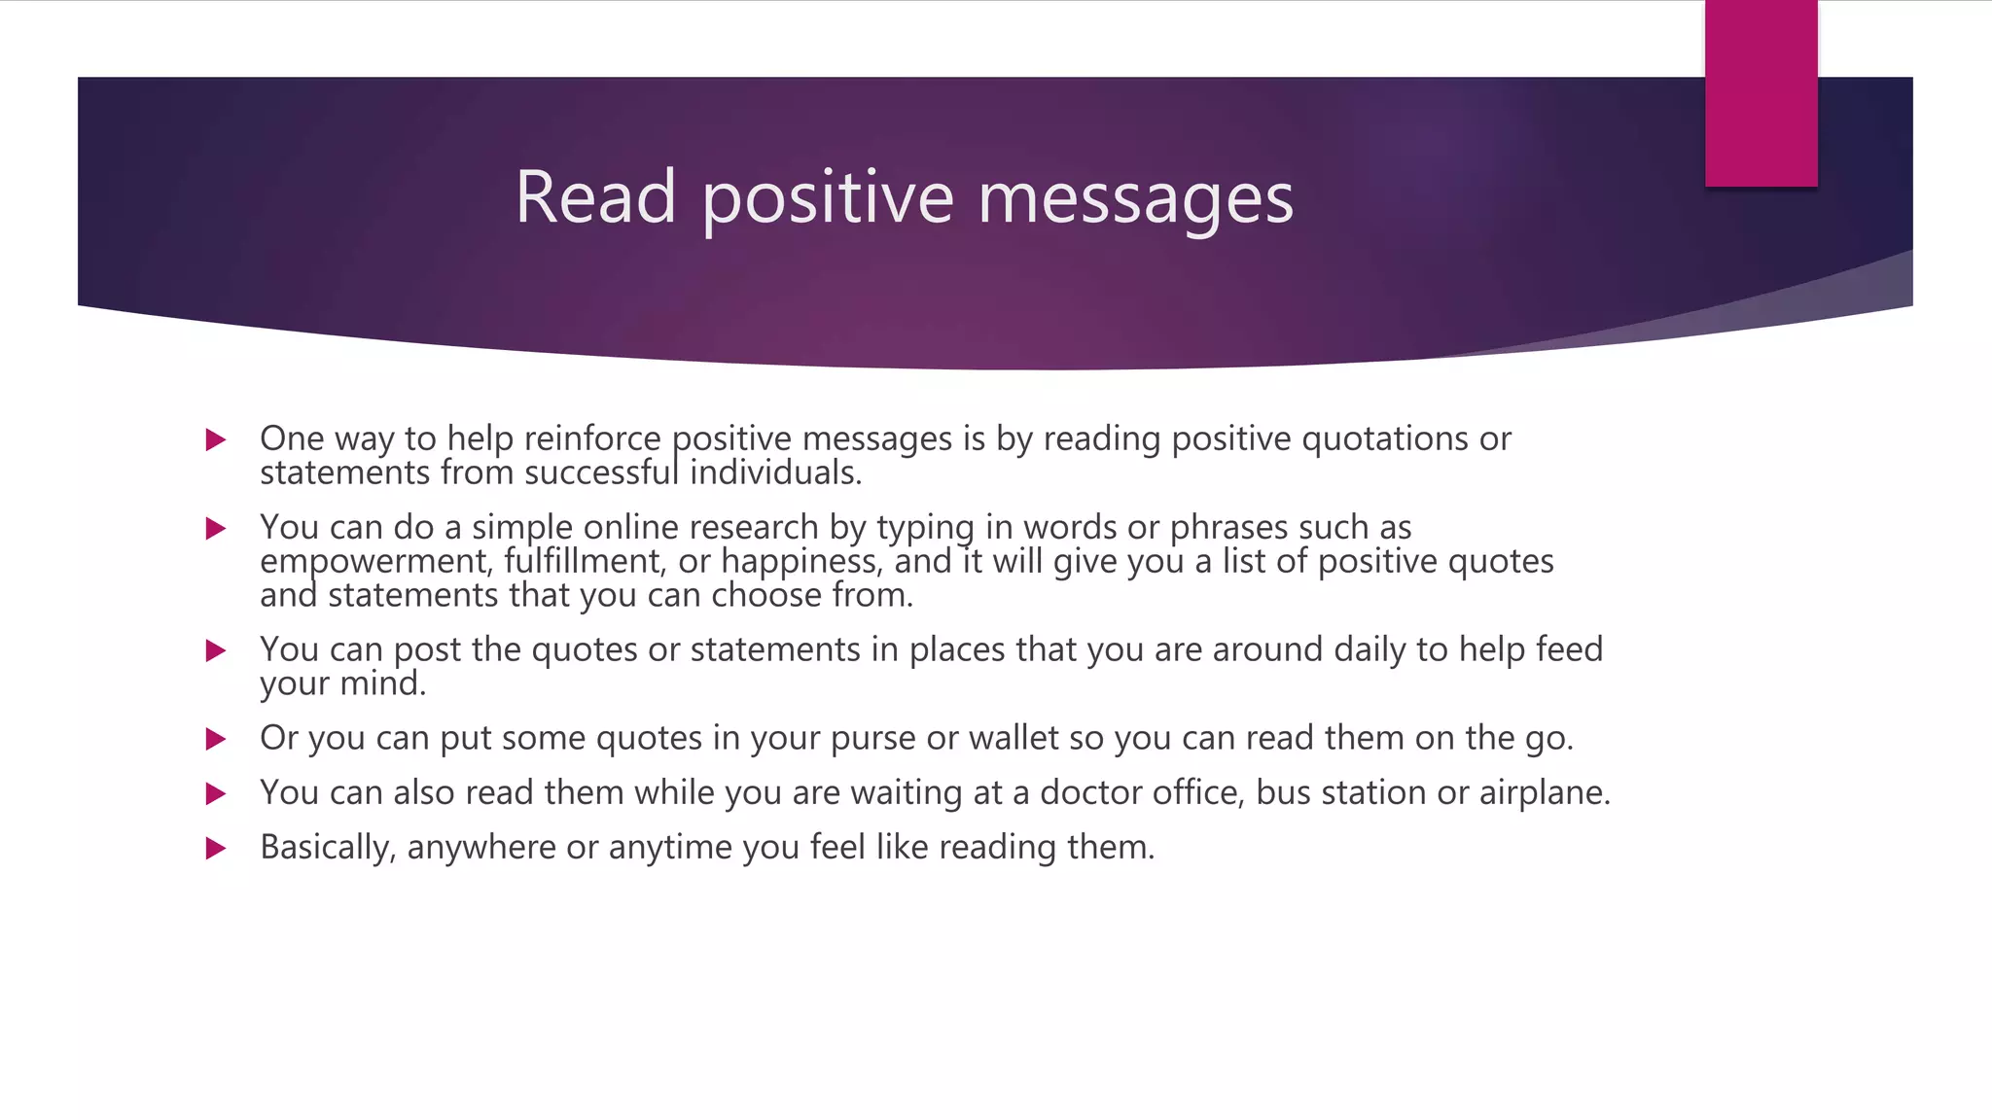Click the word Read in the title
(595, 197)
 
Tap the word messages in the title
(1135, 199)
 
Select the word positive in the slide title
(828, 199)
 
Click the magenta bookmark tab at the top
(1761, 93)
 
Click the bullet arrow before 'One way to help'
(216, 439)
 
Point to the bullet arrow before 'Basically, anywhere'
(216, 848)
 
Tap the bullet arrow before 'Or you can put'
(216, 739)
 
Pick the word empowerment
(374, 562)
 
